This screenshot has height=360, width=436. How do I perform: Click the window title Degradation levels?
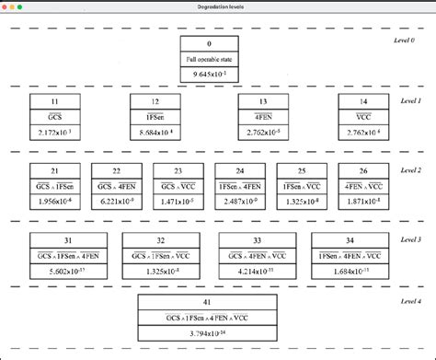[x=218, y=6]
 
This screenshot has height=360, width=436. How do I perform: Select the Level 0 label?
[x=406, y=42]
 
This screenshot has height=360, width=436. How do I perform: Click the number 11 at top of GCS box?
[x=55, y=101]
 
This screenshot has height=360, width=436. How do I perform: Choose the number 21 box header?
[x=55, y=170]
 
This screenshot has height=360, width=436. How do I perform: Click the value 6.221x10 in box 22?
[x=117, y=201]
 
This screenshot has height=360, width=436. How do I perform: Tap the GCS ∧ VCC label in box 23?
[x=178, y=185]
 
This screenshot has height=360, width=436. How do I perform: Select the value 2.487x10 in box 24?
[x=240, y=201]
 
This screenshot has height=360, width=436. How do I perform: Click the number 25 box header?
[x=302, y=170]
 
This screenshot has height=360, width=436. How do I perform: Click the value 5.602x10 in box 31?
[x=68, y=271]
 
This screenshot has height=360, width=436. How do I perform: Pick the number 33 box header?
[x=257, y=240]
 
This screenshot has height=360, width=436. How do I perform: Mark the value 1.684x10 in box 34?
[x=350, y=271]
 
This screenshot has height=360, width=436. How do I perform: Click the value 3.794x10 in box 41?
[x=208, y=334]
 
